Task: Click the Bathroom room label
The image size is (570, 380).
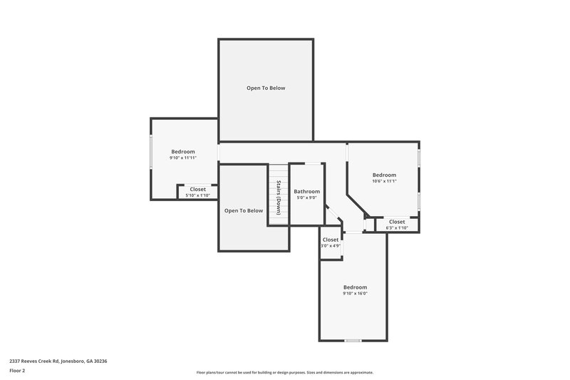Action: pos(307,191)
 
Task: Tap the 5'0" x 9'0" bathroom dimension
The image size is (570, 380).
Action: pos(307,198)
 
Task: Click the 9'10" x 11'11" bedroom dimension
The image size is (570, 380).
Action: pos(183,158)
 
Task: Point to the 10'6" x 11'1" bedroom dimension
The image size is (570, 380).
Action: pos(384,181)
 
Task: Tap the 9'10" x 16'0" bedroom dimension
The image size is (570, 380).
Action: pos(355,293)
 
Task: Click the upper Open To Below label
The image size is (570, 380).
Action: pos(266,88)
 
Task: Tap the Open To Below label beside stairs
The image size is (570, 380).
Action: pos(244,210)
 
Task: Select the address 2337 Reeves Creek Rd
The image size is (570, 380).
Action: pos(58,361)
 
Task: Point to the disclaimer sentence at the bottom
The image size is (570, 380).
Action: pos(285,372)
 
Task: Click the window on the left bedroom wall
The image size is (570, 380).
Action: pos(150,152)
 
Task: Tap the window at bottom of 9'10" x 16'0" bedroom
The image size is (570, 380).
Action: pos(352,340)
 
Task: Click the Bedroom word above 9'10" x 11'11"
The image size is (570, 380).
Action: pos(183,151)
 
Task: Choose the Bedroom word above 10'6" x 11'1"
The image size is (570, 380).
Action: pos(384,175)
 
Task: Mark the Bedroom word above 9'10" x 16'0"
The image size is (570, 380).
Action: pos(355,287)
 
